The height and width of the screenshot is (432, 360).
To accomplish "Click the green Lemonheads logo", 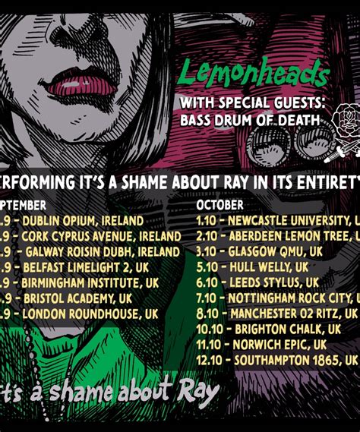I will coord(253,74).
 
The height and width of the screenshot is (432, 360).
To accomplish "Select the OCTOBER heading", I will coord(220,205).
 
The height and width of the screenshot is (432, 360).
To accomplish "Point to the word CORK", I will coord(36,236).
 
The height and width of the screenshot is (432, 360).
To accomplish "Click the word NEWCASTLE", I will coord(260,221).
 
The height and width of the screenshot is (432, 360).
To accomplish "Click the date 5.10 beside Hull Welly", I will coord(207,267).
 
